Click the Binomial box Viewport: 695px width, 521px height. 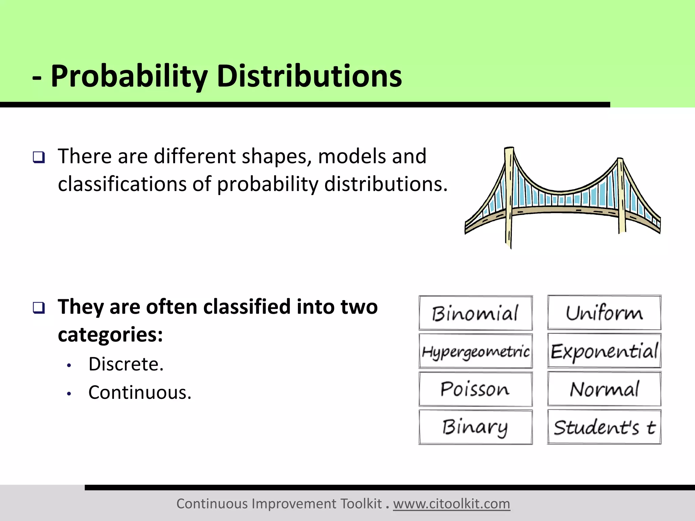(475, 313)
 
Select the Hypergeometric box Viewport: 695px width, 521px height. (475, 351)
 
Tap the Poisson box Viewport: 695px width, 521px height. (475, 389)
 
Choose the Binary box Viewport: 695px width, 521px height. (475, 427)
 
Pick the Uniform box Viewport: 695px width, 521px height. (604, 312)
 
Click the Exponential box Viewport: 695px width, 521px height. (604, 351)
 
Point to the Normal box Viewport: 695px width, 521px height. (604, 389)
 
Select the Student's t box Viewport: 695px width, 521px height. (604, 427)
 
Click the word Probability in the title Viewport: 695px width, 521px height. (129, 76)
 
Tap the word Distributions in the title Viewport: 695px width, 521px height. (309, 76)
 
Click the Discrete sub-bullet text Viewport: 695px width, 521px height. (126, 364)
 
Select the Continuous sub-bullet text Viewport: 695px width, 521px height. (140, 393)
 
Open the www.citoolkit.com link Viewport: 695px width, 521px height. (451, 504)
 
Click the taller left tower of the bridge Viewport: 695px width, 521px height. (509, 197)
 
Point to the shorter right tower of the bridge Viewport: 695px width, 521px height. (621, 197)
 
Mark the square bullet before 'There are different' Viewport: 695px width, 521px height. (39, 157)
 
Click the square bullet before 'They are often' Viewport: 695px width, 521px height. (39, 308)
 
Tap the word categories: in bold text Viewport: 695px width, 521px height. (110, 335)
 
